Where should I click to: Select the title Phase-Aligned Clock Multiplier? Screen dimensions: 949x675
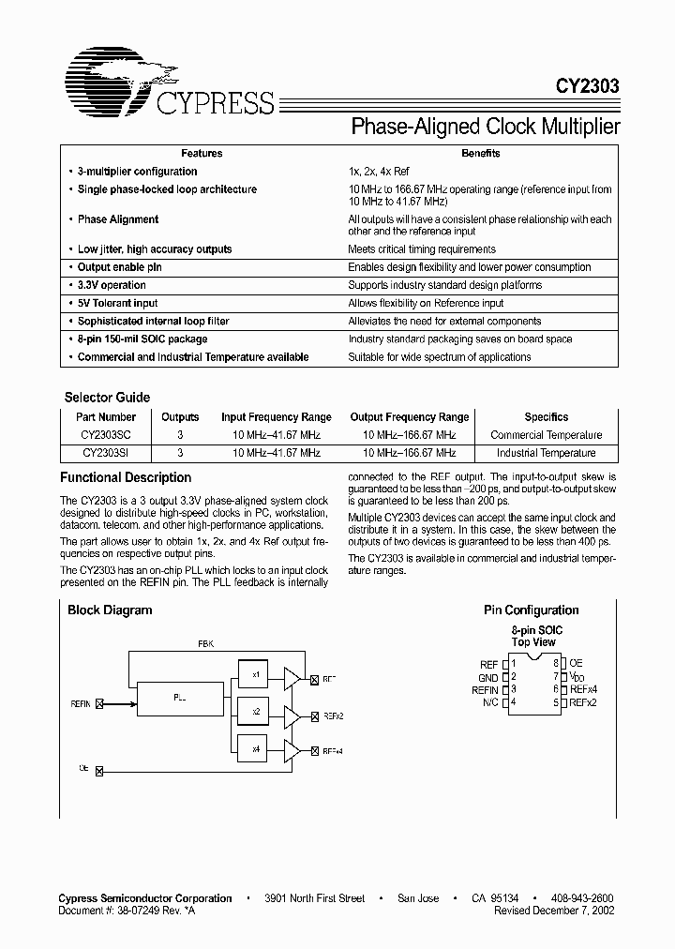click(x=485, y=127)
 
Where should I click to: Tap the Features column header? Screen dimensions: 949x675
click(x=202, y=153)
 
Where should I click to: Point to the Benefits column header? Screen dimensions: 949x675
click(x=480, y=153)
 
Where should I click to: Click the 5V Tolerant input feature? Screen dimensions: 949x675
click(x=117, y=303)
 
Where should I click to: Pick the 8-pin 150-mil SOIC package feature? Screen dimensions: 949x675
click(x=142, y=339)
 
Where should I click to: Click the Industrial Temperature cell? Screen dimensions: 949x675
click(x=547, y=453)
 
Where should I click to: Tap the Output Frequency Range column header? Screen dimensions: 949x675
click(x=410, y=417)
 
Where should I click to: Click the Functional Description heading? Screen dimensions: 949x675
click(x=126, y=477)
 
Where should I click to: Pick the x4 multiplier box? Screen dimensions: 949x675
click(x=255, y=749)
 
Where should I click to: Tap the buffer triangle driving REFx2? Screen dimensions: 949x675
click(x=292, y=716)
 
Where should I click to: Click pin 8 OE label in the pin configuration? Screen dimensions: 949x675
click(x=576, y=663)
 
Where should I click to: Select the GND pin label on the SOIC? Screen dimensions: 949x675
click(x=488, y=676)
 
